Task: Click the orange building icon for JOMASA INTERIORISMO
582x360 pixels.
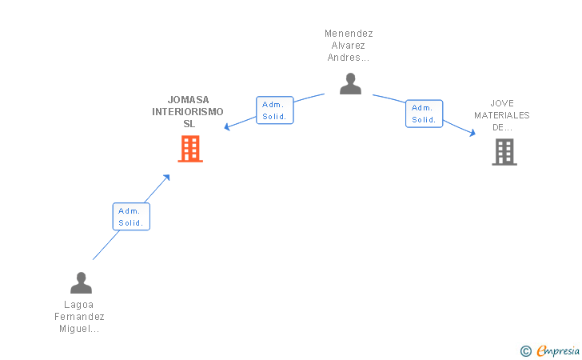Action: pyautogui.click(x=190, y=149)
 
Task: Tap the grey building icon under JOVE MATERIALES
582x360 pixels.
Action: pyautogui.click(x=504, y=152)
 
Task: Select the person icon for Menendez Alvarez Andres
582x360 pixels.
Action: pyautogui.click(x=350, y=83)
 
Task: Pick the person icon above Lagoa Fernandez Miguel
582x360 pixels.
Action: pyautogui.click(x=81, y=282)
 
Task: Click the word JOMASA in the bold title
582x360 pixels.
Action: pyautogui.click(x=188, y=99)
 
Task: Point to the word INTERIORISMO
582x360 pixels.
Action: pyautogui.click(x=188, y=112)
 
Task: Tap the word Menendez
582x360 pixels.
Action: pyautogui.click(x=349, y=34)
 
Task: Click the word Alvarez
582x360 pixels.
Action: pyautogui.click(x=349, y=46)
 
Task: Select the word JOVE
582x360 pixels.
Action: pyautogui.click(x=502, y=103)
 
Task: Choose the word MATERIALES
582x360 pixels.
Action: pyautogui.click(x=502, y=115)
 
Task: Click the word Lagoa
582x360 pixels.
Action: pyautogui.click(x=78, y=305)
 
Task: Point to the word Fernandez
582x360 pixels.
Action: pyautogui.click(x=79, y=317)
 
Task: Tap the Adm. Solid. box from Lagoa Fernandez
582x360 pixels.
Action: pyautogui.click(x=131, y=217)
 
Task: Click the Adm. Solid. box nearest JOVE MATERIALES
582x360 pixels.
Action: pyautogui.click(x=425, y=114)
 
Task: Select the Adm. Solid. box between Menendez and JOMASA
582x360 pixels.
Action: pyautogui.click(x=275, y=110)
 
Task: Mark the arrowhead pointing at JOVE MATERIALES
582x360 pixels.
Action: pyautogui.click(x=472, y=133)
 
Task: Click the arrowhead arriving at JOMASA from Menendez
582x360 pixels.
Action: pyautogui.click(x=227, y=127)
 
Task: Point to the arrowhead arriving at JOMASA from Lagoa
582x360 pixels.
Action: pyautogui.click(x=166, y=178)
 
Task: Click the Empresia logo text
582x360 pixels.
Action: pyautogui.click(x=558, y=350)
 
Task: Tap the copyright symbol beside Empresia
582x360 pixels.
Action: pyautogui.click(x=525, y=351)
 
